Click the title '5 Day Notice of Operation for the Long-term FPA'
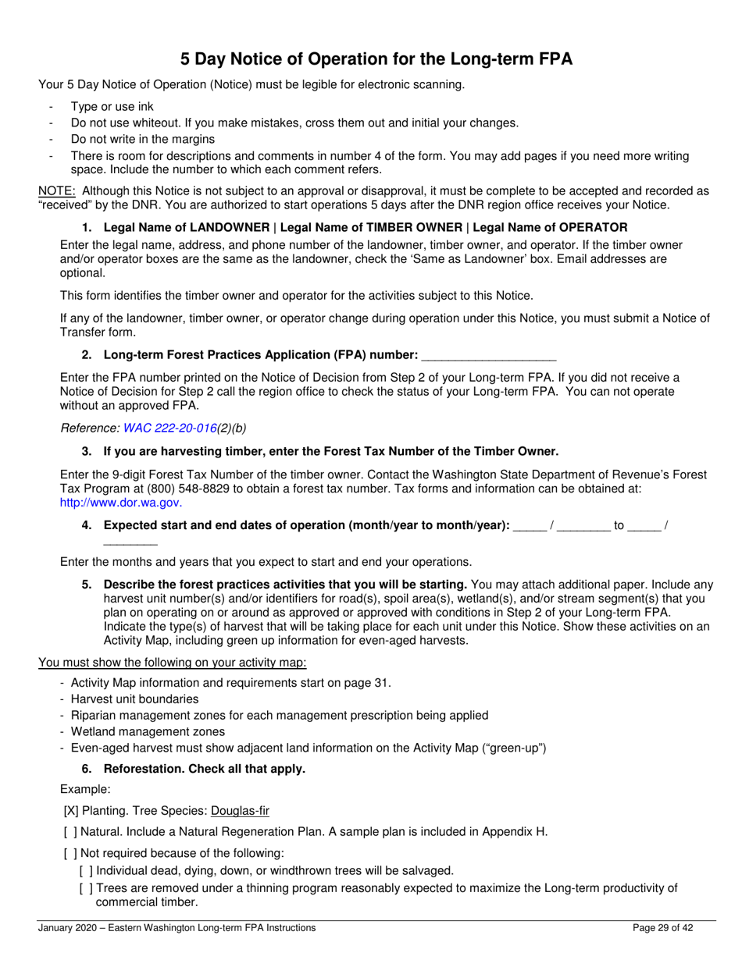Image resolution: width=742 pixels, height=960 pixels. pyautogui.click(x=376, y=59)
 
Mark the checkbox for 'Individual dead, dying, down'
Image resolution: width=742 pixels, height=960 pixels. pyautogui.click(x=86, y=870)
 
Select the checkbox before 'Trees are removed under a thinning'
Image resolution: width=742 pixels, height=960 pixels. pyautogui.click(x=86, y=888)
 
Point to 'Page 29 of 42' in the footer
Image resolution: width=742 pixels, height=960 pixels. pyautogui.click(x=662, y=928)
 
